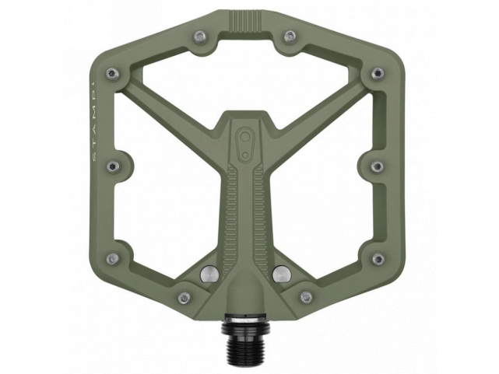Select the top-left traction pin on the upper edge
[x=201, y=37]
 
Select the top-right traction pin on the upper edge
[x=290, y=37]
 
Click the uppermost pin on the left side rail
[x=113, y=73]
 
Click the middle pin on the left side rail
[x=112, y=166]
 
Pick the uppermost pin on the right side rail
[x=378, y=73]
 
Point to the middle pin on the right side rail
[x=378, y=166]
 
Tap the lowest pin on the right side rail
[x=378, y=258]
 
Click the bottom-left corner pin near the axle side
[x=184, y=297]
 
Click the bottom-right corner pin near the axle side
[x=306, y=297]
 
